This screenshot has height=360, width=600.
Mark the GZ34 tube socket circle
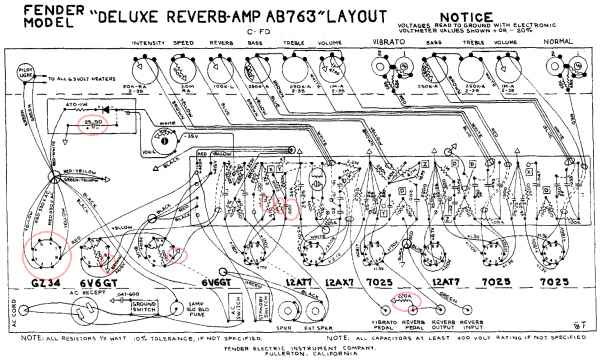pyautogui.click(x=41, y=249)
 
